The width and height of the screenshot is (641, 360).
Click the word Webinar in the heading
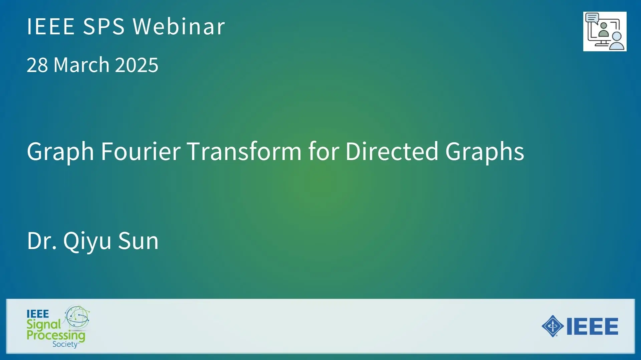tap(179, 26)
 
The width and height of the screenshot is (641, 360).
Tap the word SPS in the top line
tap(103, 26)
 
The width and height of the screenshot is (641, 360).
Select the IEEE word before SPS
tap(51, 26)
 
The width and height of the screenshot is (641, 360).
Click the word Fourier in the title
tap(141, 151)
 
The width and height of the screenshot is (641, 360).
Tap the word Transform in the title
tap(244, 151)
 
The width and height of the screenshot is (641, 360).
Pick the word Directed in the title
tap(392, 151)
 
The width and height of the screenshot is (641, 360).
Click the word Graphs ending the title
tap(484, 152)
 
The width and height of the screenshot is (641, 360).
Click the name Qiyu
tap(87, 241)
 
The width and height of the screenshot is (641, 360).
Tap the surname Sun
tap(138, 241)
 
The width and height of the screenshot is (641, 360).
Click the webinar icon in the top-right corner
tap(605, 31)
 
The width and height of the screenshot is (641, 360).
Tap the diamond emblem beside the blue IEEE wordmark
tap(553, 326)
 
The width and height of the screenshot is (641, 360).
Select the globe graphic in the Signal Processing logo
tap(77, 317)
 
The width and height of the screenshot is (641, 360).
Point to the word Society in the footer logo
tap(65, 344)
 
